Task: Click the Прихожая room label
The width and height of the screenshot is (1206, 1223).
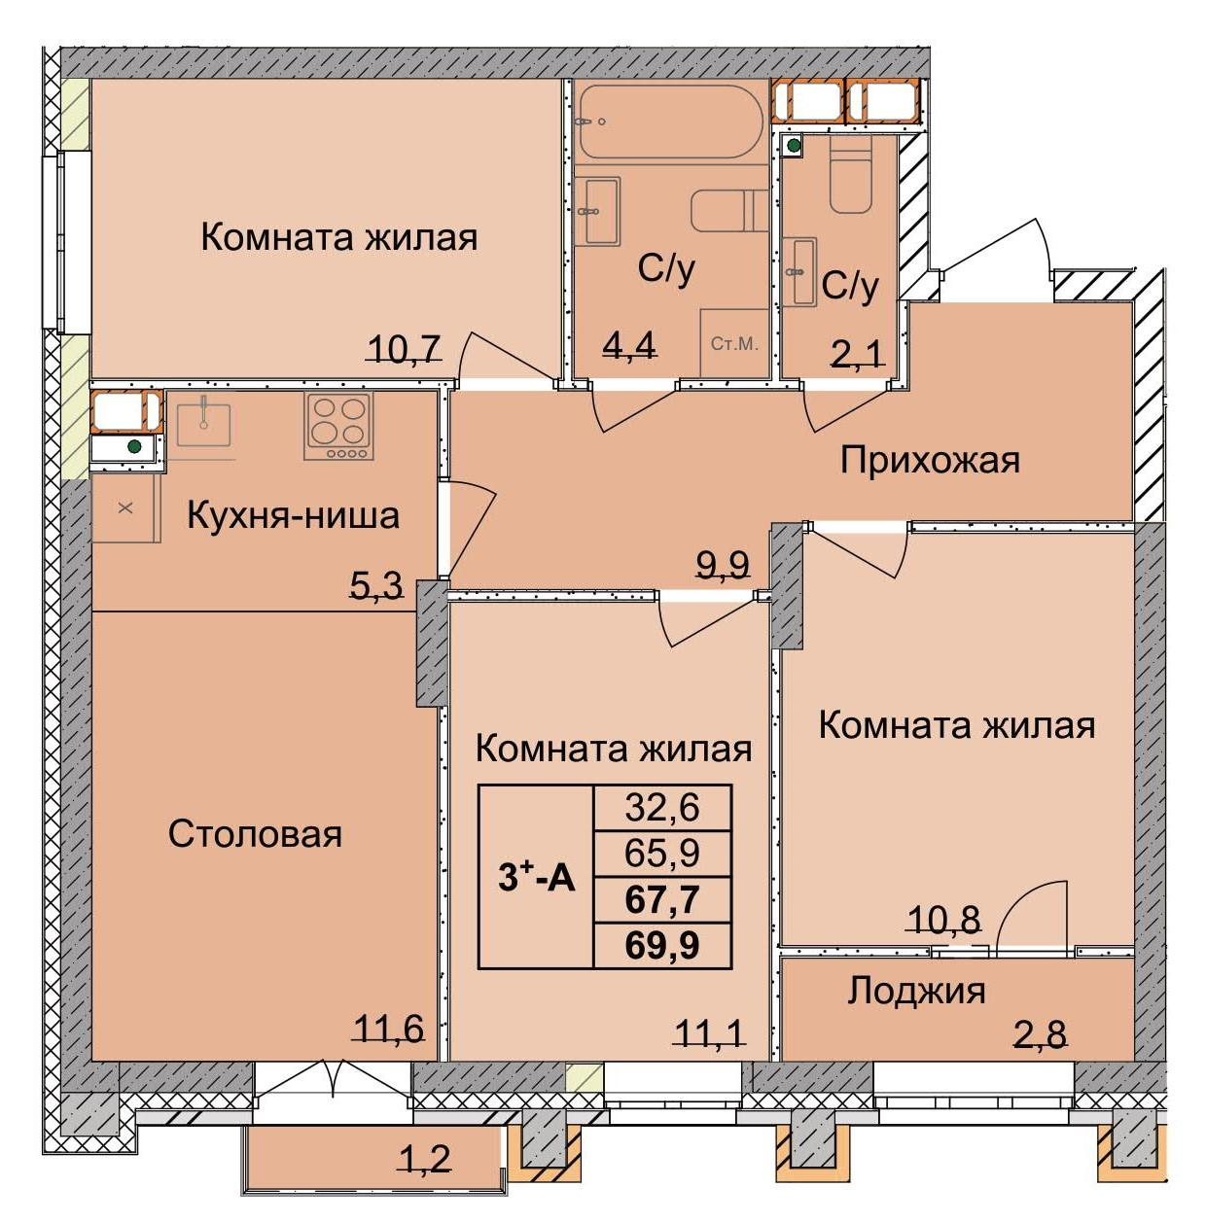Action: tap(930, 460)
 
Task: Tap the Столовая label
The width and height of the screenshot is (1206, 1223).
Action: tap(255, 834)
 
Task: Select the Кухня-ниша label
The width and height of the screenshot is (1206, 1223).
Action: tap(293, 515)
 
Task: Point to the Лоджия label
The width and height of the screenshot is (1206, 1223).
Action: tap(916, 991)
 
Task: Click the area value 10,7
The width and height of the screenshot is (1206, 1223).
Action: tap(405, 347)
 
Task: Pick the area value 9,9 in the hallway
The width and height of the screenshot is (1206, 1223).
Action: tap(724, 564)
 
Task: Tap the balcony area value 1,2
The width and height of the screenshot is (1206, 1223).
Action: tap(425, 1159)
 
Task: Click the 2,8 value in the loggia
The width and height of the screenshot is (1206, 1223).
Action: tap(1040, 1034)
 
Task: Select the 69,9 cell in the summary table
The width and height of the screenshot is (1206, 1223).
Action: tap(662, 945)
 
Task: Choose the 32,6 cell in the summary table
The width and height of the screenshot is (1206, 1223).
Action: tap(662, 807)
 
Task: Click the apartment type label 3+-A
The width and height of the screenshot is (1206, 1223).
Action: tap(537, 878)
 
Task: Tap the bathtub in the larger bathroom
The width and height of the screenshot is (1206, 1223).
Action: tap(666, 122)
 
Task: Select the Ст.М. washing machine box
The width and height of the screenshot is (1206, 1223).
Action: tap(734, 343)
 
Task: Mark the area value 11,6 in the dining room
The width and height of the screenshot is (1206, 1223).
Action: tap(388, 1028)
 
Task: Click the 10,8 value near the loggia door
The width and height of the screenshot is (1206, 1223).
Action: tap(942, 919)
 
